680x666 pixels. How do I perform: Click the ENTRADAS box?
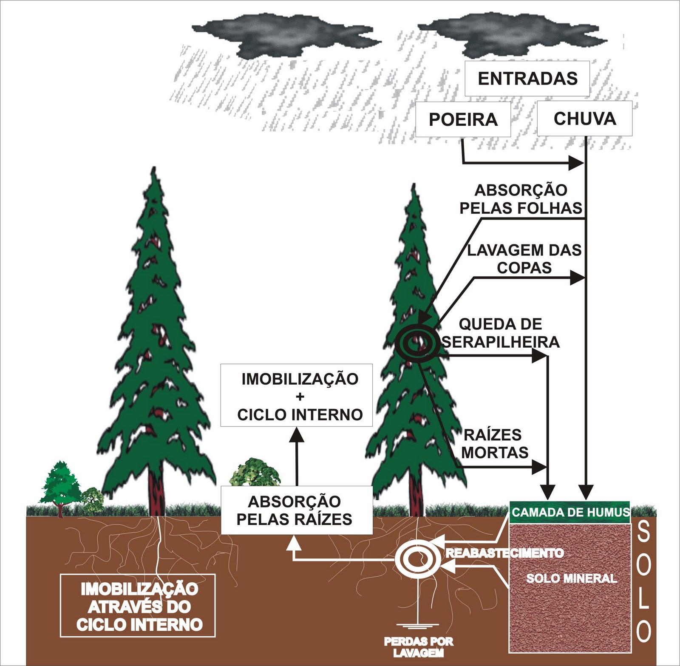tap(527, 79)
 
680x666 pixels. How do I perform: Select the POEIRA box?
tap(463, 119)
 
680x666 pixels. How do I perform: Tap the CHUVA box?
tap(584, 119)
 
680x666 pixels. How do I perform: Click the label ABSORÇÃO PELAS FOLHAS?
tap(521, 199)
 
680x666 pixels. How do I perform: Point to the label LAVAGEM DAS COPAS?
tap(524, 258)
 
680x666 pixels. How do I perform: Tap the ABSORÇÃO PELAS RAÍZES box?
tap(297, 510)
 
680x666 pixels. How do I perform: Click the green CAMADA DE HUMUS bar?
tap(569, 512)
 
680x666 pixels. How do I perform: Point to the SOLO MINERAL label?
tap(571, 578)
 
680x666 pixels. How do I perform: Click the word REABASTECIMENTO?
tap(504, 553)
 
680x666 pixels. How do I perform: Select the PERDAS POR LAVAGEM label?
tap(419, 647)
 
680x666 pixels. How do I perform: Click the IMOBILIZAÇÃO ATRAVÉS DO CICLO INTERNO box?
tap(138, 606)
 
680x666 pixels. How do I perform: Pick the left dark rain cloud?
tap(285, 36)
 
